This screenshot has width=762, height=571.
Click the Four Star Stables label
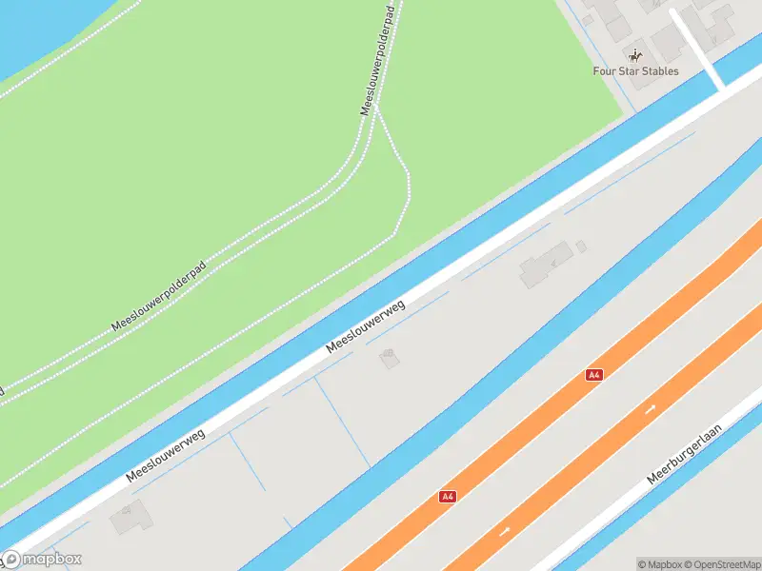tap(636, 71)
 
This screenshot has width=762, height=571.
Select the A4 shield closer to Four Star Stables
tap(594, 375)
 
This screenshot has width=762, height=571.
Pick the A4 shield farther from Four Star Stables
tap(448, 496)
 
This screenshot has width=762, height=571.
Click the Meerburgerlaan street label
tap(684, 455)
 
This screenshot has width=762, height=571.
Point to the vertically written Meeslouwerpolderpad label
tap(379, 58)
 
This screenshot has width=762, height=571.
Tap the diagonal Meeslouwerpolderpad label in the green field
tap(158, 299)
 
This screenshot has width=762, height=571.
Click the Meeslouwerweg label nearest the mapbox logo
tap(166, 455)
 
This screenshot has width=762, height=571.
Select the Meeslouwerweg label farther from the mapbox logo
tap(366, 326)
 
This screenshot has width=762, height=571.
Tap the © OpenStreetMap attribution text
tap(722, 564)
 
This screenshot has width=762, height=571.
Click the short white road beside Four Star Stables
tap(697, 48)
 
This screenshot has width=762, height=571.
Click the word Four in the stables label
tap(604, 71)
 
